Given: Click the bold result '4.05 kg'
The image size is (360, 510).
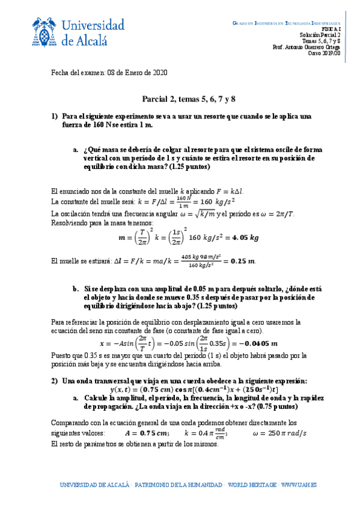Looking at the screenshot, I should [x=245, y=238].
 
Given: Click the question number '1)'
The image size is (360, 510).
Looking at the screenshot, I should [x=54, y=116].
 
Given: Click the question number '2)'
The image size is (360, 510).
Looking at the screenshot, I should [x=54, y=381].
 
